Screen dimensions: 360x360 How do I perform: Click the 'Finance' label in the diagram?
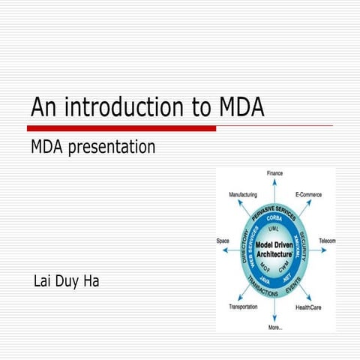click(275, 173)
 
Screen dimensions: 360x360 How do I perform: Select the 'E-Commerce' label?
click(308, 194)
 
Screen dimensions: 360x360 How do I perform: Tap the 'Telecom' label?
click(326, 241)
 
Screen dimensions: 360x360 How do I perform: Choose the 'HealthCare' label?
click(308, 307)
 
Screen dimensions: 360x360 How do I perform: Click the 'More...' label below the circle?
click(275, 328)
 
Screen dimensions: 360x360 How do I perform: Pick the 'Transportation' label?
click(243, 307)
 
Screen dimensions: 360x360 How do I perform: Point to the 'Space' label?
click(223, 241)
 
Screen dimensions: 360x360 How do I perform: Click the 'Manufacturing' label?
click(243, 194)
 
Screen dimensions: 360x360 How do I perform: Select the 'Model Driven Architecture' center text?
click(274, 250)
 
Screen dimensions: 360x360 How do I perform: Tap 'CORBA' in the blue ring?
click(274, 218)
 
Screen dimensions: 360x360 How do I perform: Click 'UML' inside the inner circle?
click(274, 228)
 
